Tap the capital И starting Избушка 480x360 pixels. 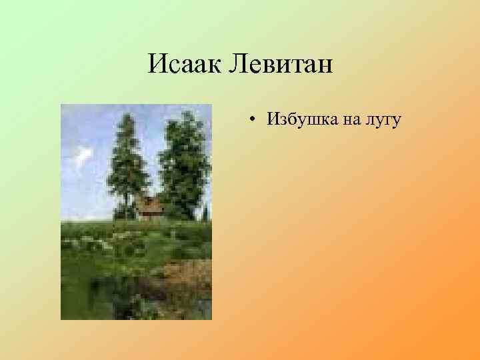click(x=273, y=119)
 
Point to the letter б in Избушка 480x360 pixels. click(x=291, y=119)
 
